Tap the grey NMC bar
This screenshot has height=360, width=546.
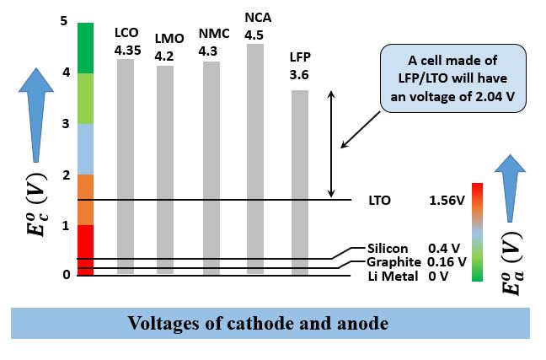[x=211, y=168]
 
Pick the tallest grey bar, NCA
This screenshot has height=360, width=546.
[x=254, y=159]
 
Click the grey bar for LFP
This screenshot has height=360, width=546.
[x=300, y=182]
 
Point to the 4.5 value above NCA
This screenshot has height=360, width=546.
[x=254, y=35]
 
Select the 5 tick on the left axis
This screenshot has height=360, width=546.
[x=63, y=21]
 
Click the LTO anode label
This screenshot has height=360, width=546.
[x=379, y=201]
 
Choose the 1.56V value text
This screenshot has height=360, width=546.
[x=447, y=201]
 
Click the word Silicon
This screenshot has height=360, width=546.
[x=388, y=249]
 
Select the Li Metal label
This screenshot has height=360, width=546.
[x=392, y=276]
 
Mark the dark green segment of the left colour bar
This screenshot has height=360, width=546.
[x=85, y=47]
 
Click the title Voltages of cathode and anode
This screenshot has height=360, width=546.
[x=270, y=322]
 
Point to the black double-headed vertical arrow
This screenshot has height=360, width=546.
[x=330, y=143]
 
